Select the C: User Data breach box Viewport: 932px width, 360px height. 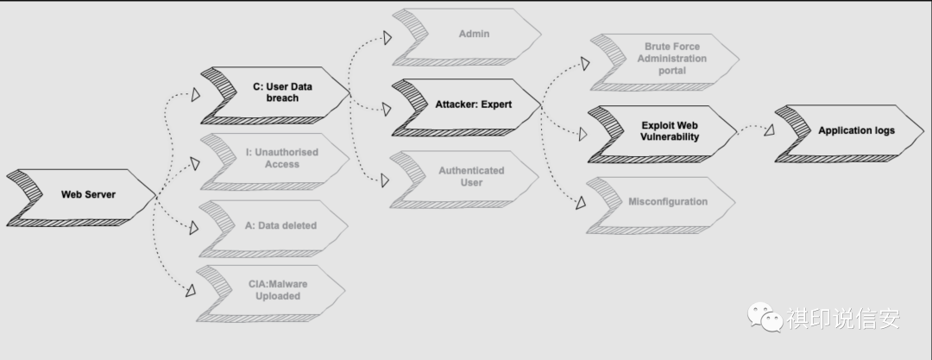click(x=276, y=92)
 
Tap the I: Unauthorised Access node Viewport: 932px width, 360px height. click(x=280, y=158)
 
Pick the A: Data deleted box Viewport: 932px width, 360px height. click(x=280, y=225)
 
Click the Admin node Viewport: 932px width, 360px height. click(x=473, y=35)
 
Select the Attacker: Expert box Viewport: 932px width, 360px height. click(x=473, y=104)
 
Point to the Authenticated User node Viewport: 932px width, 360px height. click(x=470, y=176)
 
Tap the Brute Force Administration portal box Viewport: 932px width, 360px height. click(x=673, y=59)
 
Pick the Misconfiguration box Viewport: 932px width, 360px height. click(x=666, y=202)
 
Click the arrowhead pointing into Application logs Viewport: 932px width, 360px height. click(x=767, y=129)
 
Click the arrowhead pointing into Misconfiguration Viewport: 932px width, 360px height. click(x=580, y=202)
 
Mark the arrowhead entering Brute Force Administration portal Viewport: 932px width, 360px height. click(x=584, y=62)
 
